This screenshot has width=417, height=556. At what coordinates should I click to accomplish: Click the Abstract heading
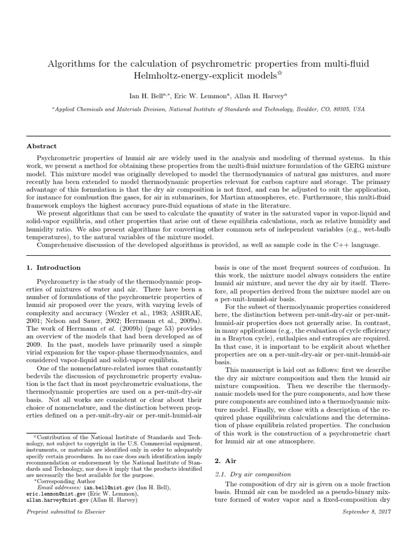click(x=42, y=146)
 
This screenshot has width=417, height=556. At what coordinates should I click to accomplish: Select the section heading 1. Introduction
click(x=54, y=268)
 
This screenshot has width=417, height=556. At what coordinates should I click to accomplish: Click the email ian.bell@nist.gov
click(x=85, y=488)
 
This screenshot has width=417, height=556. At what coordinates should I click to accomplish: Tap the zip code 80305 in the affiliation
click(x=341, y=109)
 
